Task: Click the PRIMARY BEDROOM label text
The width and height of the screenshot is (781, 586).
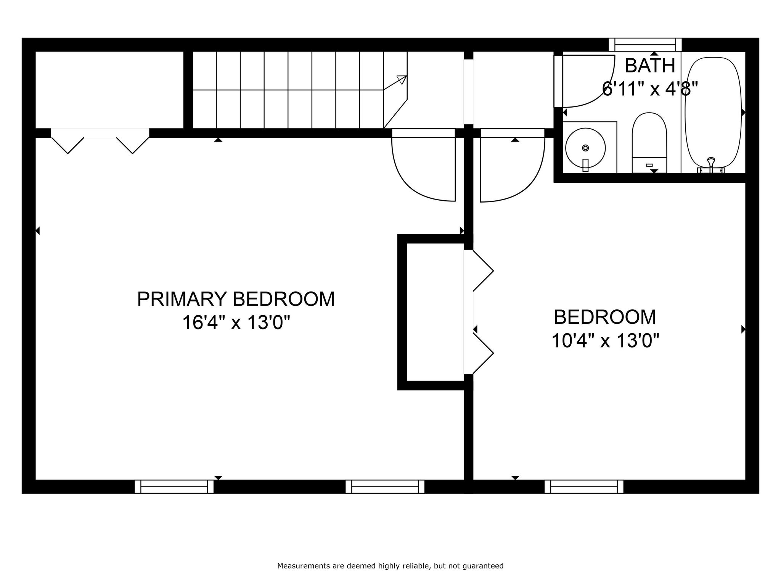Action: [x=236, y=299]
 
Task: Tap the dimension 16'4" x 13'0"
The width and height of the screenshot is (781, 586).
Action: [x=236, y=323]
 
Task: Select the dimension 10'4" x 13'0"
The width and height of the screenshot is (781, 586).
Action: [x=605, y=340]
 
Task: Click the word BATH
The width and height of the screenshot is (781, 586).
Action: [x=650, y=66]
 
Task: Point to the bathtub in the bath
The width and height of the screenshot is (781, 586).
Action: [x=713, y=111]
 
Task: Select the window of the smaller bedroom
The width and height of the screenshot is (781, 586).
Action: [x=584, y=486]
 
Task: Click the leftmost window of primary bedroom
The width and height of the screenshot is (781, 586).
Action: [x=174, y=486]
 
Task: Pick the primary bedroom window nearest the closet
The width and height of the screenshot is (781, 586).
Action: [x=385, y=486]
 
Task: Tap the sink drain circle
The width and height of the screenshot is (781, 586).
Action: [x=585, y=148]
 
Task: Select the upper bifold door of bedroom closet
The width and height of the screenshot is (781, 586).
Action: [x=482, y=271]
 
